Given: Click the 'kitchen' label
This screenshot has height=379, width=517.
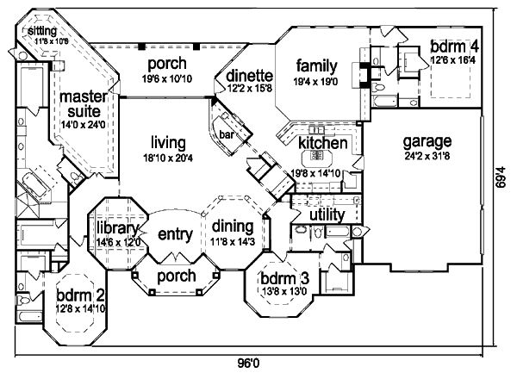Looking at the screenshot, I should (323, 142).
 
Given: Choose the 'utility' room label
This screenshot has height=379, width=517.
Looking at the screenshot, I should (327, 214).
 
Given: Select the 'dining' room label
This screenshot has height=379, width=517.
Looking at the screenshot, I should (233, 227).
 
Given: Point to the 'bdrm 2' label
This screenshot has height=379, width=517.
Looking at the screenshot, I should (81, 295).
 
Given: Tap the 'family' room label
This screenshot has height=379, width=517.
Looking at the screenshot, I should (315, 65).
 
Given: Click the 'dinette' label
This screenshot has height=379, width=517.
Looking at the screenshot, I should (249, 75).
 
